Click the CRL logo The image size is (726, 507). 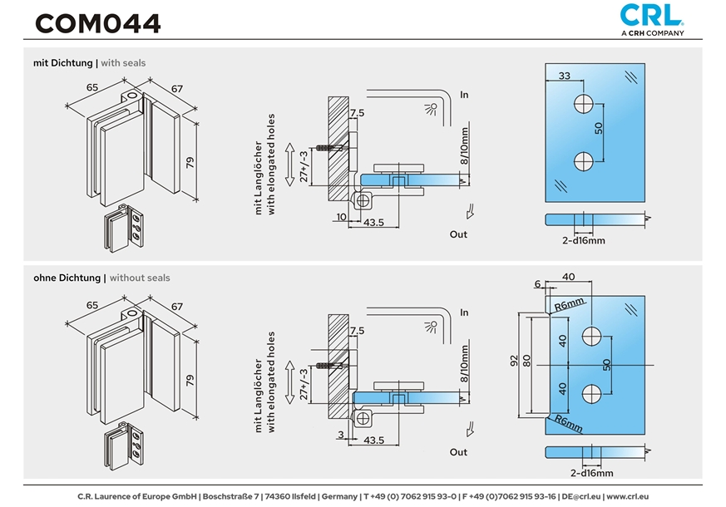click(652, 14)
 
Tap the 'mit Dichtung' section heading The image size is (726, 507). click(64, 63)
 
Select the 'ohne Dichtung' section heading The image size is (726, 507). click(68, 278)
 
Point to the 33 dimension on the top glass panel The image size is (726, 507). click(564, 76)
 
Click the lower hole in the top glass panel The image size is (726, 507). click(584, 160)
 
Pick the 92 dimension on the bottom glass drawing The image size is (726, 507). click(515, 361)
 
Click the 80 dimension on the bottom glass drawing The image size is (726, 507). click(528, 366)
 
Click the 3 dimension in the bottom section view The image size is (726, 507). click(342, 433)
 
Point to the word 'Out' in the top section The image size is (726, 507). click(458, 234)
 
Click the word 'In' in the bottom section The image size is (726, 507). click(464, 312)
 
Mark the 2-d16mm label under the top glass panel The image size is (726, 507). click(583, 240)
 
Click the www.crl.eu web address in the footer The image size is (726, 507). click(628, 496)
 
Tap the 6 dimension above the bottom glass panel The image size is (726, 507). click(537, 283)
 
